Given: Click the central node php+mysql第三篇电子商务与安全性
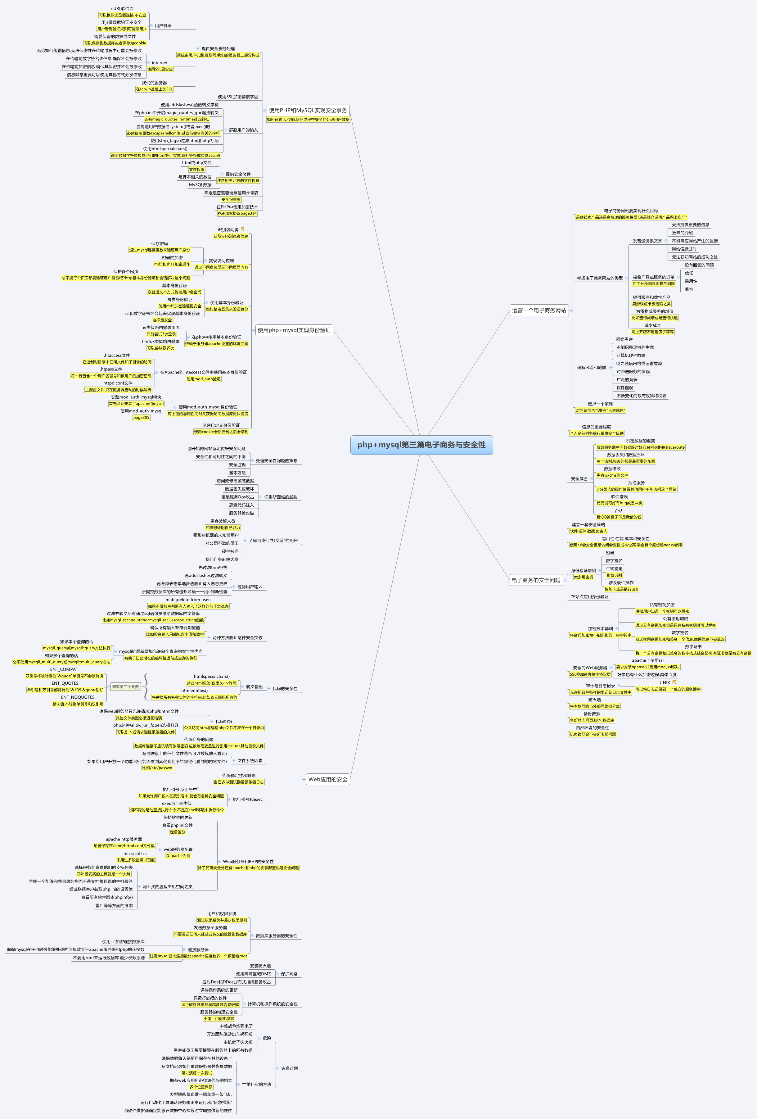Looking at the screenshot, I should (421, 445).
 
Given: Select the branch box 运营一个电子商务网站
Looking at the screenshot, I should (539, 310).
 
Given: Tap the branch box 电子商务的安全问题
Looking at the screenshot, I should (536, 580).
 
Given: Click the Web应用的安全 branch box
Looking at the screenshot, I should (328, 779).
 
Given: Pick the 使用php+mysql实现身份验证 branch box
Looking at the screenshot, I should (294, 330).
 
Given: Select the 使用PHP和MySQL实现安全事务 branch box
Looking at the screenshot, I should (308, 110).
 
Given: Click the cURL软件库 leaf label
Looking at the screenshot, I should (122, 9).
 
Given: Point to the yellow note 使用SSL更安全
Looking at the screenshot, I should (160, 69).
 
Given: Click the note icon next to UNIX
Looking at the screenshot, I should (674, 682).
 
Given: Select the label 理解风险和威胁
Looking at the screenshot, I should (592, 367).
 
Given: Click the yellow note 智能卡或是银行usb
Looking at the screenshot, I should (621, 589).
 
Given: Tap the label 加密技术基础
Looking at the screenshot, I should (600, 628).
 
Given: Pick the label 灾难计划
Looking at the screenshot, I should (289, 1068).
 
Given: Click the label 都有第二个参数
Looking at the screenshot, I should (126, 686).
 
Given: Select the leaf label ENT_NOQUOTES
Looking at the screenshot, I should (78, 697).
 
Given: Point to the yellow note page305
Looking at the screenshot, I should (141, 418).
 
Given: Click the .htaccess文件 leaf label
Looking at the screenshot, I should (117, 355).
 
